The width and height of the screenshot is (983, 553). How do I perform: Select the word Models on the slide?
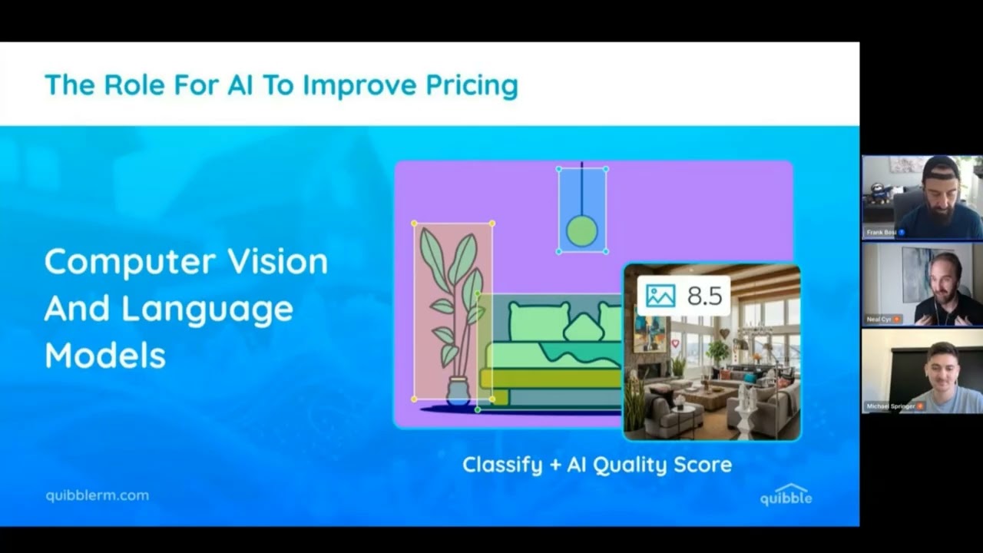point(104,355)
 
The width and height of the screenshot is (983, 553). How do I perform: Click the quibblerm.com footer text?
point(97,495)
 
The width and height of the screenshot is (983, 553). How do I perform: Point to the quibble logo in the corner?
point(786,495)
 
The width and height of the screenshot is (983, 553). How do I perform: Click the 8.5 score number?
point(704,296)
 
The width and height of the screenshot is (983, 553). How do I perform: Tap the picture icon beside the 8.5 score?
point(660,296)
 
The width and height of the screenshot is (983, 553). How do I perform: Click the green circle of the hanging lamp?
point(581,231)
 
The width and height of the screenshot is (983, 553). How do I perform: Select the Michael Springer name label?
point(891,406)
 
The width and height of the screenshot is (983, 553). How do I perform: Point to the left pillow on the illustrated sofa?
point(538,321)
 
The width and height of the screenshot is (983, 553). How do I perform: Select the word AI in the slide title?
point(240,85)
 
